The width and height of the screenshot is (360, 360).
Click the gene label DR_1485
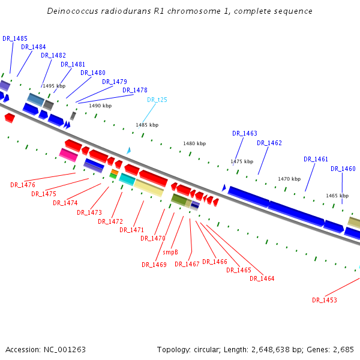15,38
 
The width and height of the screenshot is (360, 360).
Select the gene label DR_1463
245,133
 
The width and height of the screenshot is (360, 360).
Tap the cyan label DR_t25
157,100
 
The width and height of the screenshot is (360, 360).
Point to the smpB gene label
171,252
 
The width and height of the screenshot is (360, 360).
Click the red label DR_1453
325,300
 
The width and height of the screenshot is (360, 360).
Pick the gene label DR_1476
23,185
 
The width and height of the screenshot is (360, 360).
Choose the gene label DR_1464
262,278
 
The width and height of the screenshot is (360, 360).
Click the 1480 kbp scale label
194,143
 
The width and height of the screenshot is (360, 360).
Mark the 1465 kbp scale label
337,196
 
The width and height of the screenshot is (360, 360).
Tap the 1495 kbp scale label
53,86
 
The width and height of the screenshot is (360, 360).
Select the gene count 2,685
342,349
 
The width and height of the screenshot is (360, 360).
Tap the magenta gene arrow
68,155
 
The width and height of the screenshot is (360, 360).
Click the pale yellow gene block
148,188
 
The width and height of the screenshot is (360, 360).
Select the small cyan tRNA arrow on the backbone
128,151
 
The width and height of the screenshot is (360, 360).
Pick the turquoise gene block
127,179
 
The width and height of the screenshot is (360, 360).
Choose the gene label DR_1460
343,169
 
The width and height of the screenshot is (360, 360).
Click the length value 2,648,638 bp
278,349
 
